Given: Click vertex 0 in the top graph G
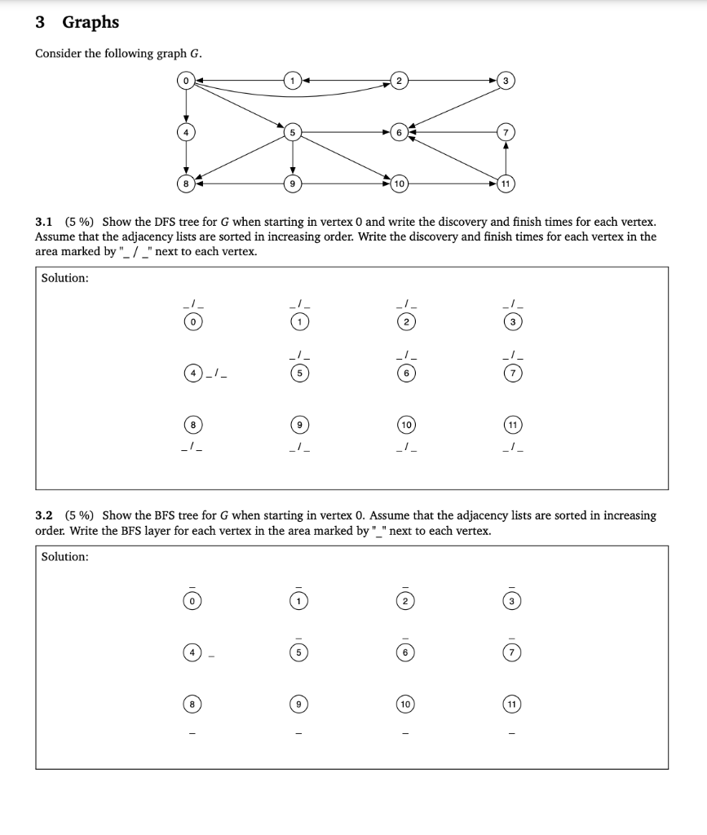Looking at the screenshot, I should click(x=187, y=81).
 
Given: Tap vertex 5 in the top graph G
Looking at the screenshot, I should click(x=293, y=130).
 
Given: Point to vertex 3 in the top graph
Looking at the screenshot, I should click(x=506, y=81).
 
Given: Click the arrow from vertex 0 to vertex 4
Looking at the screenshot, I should click(x=187, y=106).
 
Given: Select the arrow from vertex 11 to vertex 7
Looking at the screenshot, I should click(x=506, y=157).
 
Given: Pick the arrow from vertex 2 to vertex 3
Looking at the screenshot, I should click(x=453, y=81).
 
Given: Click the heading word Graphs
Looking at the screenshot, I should click(x=91, y=22).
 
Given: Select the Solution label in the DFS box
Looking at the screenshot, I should click(x=65, y=278).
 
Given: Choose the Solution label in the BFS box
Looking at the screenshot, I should click(x=65, y=556).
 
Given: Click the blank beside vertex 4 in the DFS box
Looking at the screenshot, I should click(x=219, y=374).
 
